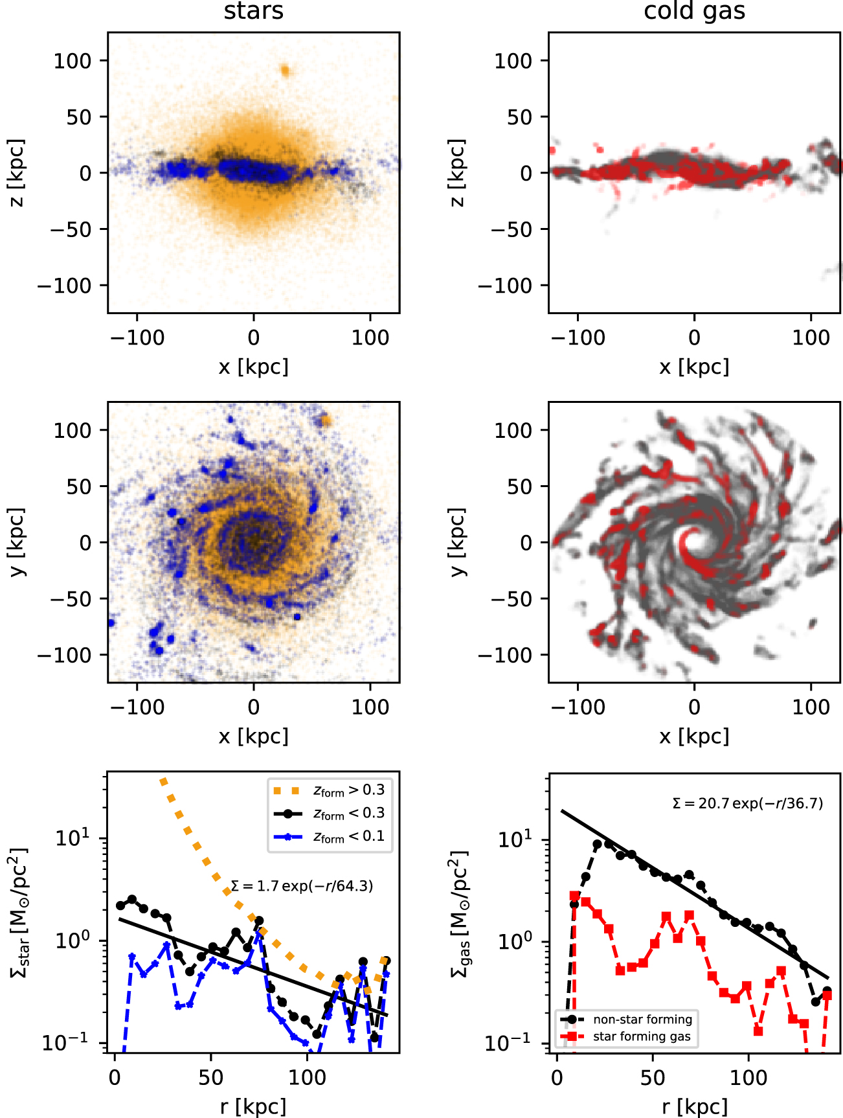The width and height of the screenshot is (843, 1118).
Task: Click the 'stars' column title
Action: (x=253, y=12)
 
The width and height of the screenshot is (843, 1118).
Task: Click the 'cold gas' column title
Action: (x=694, y=12)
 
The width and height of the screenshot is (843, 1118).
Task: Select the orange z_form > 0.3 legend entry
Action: (x=330, y=790)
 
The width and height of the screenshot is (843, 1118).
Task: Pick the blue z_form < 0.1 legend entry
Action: (x=330, y=836)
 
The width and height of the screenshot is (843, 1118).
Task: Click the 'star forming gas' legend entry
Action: (x=641, y=1036)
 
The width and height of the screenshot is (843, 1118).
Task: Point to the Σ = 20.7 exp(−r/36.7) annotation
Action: (x=748, y=804)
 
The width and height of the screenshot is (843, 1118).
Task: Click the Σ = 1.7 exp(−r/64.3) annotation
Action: (x=302, y=886)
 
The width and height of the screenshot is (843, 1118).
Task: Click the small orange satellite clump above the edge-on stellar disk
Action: (x=285, y=71)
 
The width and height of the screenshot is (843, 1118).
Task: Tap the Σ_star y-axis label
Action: (x=19, y=912)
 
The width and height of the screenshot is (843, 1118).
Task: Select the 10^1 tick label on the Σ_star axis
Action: (x=73, y=838)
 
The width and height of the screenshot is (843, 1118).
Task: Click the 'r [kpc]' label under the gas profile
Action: (x=694, y=1106)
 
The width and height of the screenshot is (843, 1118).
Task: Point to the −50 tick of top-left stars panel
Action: (x=71, y=229)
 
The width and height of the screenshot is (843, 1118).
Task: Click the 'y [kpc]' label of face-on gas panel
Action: (x=458, y=542)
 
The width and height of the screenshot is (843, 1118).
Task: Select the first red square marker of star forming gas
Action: (x=574, y=896)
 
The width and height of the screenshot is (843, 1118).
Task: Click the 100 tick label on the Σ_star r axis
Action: (x=307, y=1077)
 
